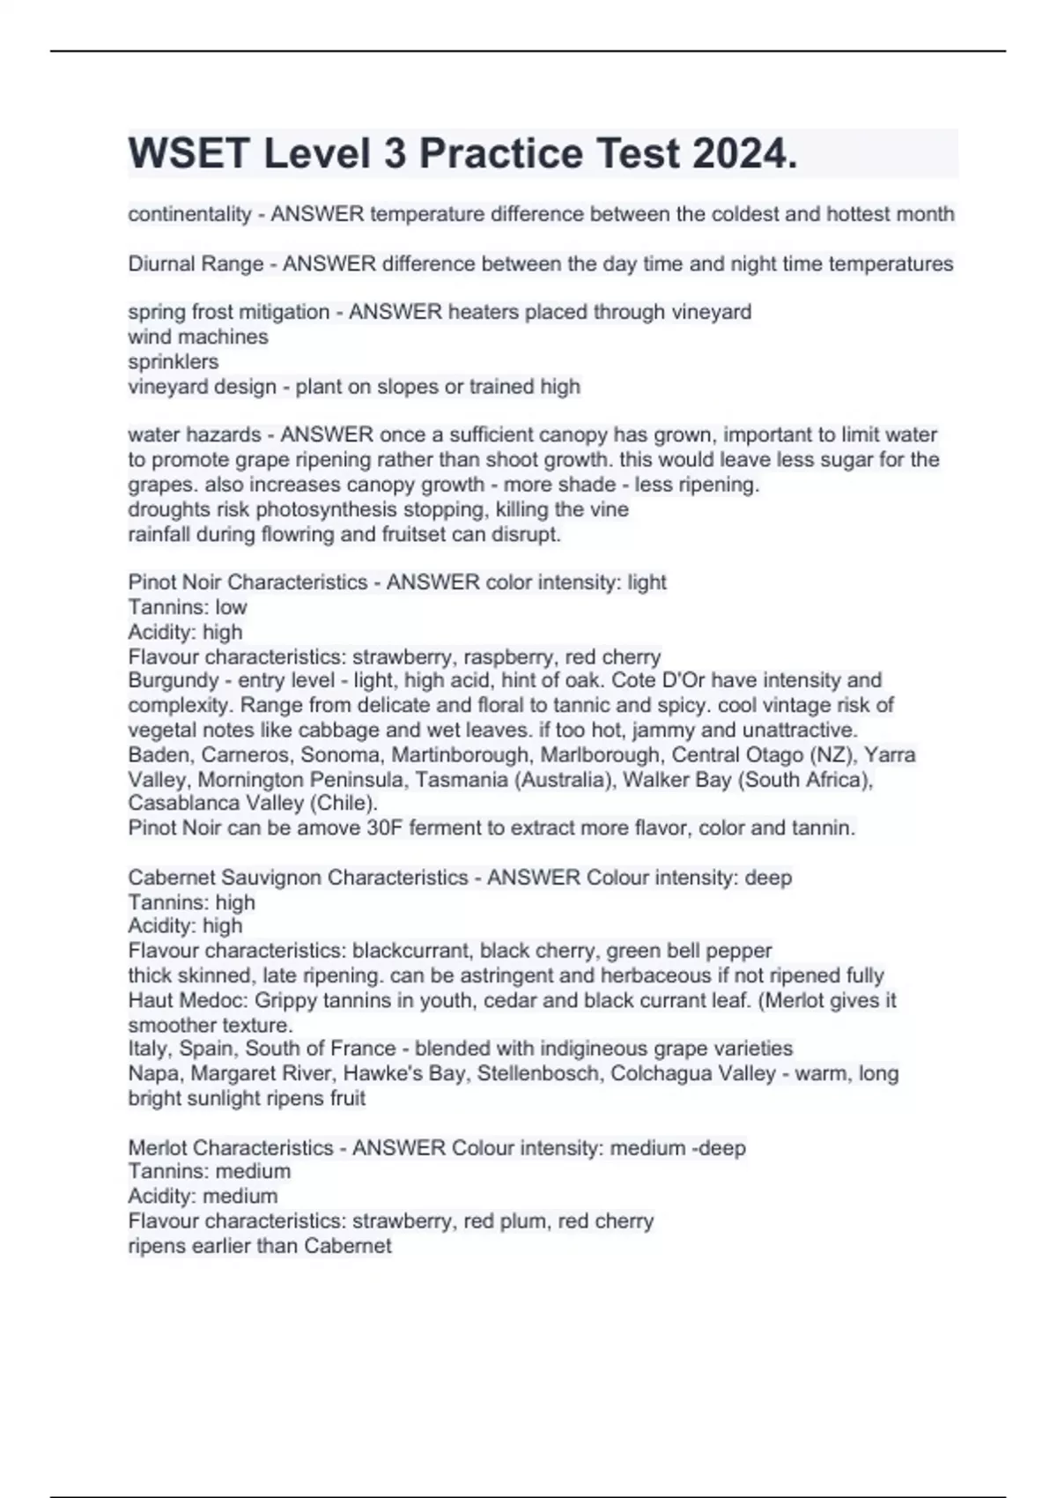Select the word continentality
189,214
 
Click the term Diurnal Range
196,263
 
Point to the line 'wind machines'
198,337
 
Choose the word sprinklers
174,361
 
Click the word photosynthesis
319,509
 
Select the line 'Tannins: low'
188,607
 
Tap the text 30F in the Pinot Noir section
404,828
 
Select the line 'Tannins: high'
191,902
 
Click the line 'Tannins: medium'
209,1171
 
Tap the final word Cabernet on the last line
348,1246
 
